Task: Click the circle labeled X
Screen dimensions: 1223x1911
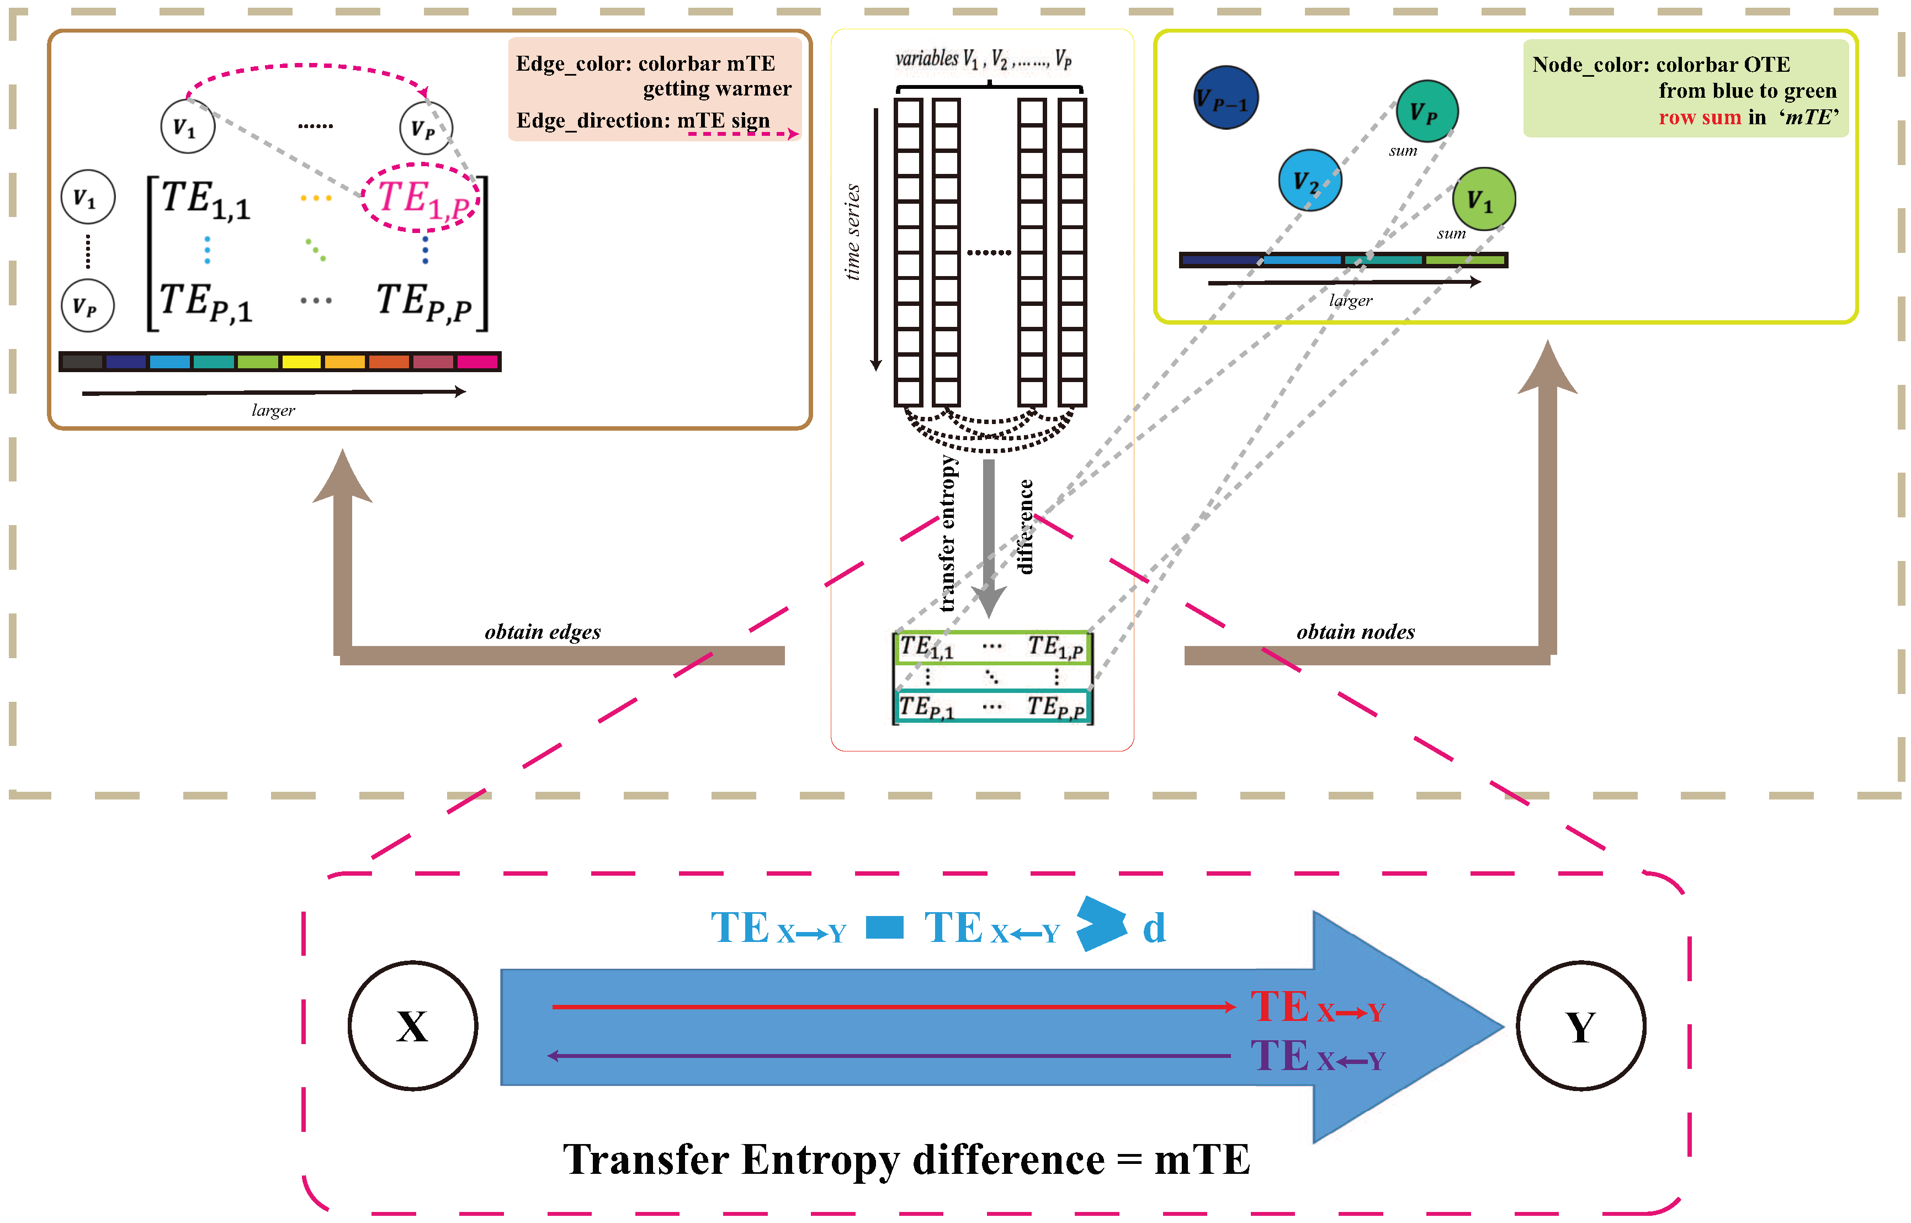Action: [x=413, y=1025]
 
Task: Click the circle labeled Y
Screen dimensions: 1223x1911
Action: [x=1580, y=1025]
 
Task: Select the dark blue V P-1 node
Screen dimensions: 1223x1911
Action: [x=1226, y=98]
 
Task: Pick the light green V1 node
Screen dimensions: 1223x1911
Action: [x=1483, y=199]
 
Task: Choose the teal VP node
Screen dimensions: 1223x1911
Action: [x=1427, y=111]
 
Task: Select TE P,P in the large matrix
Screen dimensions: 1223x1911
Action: [x=424, y=302]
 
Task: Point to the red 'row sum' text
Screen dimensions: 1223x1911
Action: [x=1699, y=118]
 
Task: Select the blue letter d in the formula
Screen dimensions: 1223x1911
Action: [x=1154, y=928]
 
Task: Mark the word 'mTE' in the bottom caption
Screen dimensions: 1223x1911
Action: [x=1202, y=1160]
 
